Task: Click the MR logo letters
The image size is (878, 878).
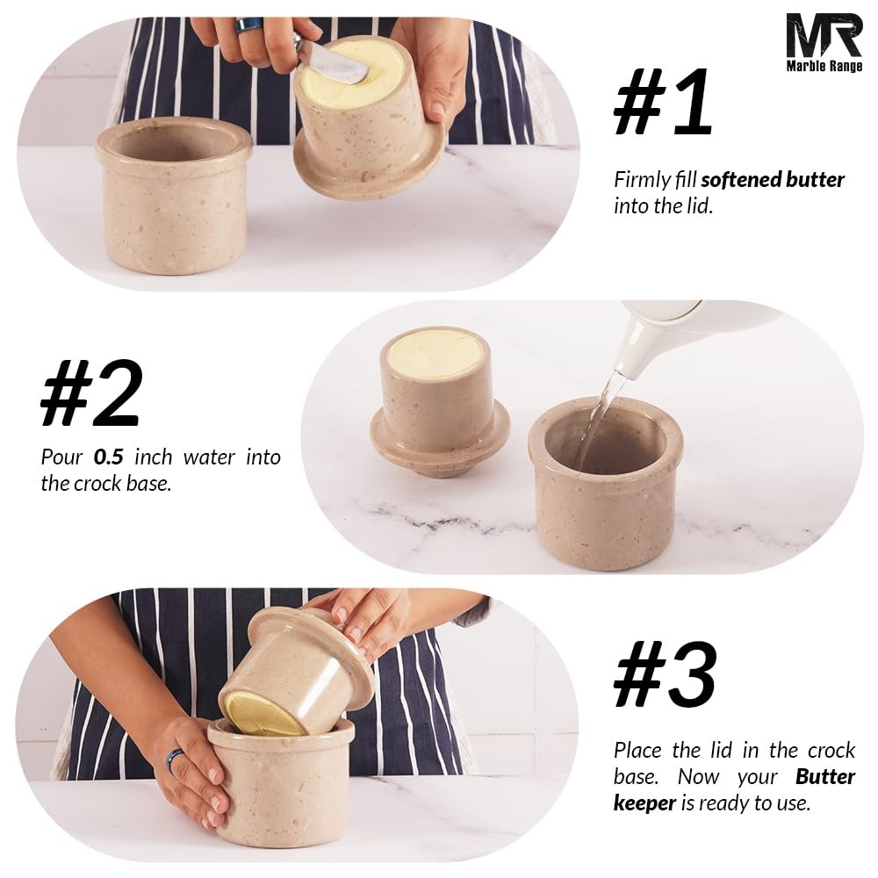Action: [824, 36]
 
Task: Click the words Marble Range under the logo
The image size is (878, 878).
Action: [824, 66]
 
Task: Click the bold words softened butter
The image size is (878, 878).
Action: [773, 181]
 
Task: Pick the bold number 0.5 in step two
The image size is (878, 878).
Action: [110, 457]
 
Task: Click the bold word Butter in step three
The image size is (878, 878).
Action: [825, 777]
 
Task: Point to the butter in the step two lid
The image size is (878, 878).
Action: [435, 354]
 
